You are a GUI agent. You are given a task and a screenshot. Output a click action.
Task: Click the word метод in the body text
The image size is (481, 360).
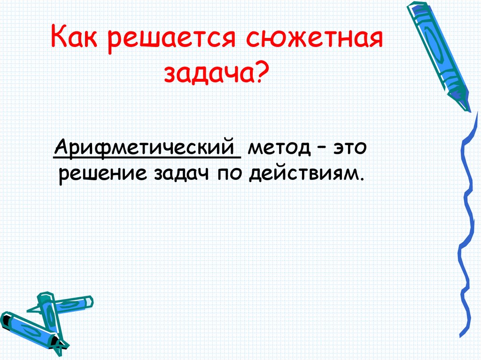pyautogui.click(x=279, y=149)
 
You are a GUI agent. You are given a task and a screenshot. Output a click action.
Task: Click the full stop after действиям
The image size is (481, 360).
pyautogui.click(x=362, y=179)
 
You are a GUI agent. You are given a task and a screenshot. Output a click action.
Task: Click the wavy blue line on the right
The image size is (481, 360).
pyautogui.click(x=463, y=235)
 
